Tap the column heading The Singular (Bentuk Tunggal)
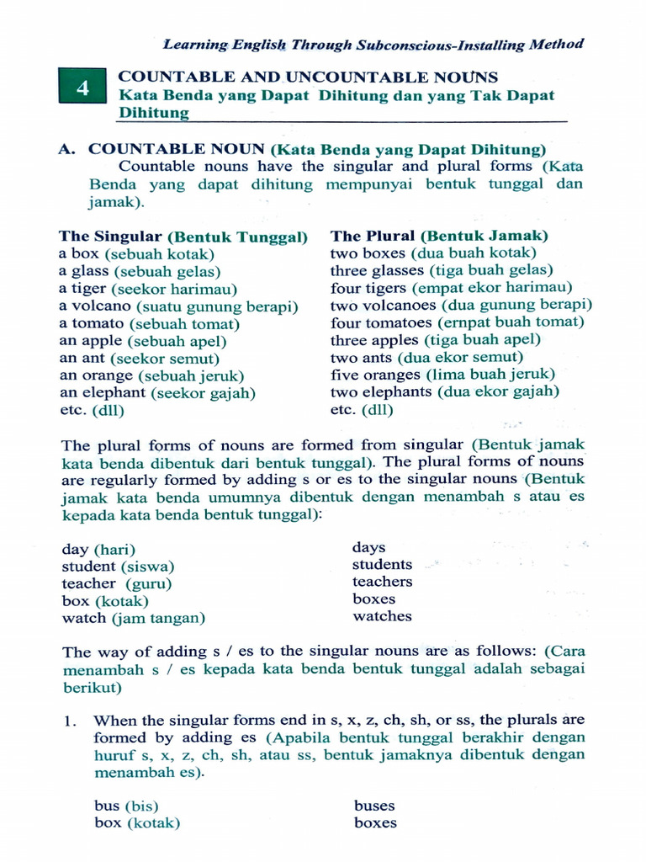(183, 237)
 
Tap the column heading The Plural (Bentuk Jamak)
(438, 236)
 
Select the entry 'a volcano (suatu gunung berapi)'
(178, 306)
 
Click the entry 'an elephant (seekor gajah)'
(157, 393)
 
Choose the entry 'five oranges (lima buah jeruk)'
(442, 375)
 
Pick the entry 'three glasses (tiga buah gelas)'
(441, 270)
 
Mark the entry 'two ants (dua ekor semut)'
(426, 358)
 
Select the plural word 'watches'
(382, 616)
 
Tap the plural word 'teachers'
(382, 582)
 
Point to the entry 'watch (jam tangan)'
(133, 619)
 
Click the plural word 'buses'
(374, 806)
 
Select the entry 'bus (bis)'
(126, 806)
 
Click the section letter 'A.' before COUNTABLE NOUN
(68, 149)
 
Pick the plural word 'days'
(368, 547)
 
